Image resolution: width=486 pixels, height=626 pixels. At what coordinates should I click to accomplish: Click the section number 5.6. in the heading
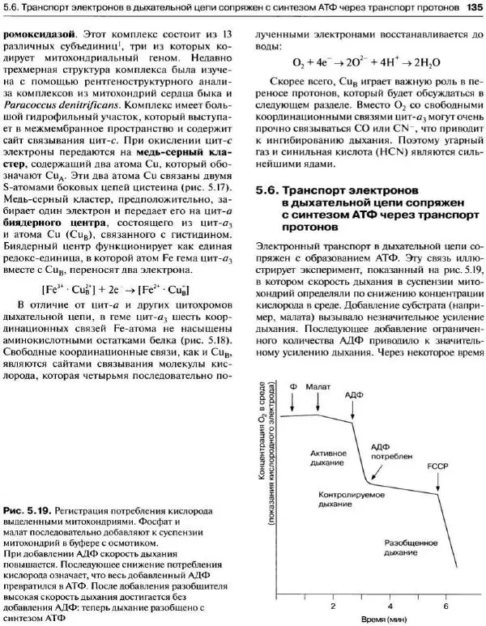pyautogui.click(x=266, y=191)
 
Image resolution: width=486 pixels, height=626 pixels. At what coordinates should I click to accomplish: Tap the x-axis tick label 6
pyautogui.click(x=445, y=606)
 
